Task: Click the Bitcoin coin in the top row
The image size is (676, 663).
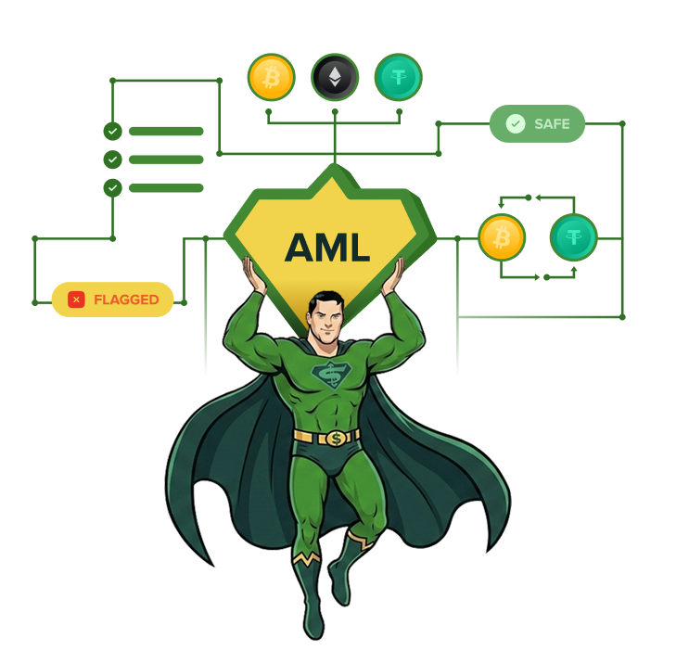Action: tap(271, 77)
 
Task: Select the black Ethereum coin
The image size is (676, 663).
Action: tap(335, 77)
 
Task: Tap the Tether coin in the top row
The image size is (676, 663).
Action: tap(399, 77)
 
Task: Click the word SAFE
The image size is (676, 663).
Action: tap(552, 124)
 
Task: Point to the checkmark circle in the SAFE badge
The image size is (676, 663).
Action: tap(516, 124)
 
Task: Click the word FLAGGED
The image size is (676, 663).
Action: tap(126, 300)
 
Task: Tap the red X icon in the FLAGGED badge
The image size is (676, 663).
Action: tap(76, 300)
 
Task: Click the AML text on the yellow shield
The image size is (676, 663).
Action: tap(327, 248)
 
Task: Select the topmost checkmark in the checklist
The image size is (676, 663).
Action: tap(112, 131)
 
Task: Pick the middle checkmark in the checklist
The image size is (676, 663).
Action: tap(112, 159)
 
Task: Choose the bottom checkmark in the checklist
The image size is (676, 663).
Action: tap(112, 188)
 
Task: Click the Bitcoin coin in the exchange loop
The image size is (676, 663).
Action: tap(502, 237)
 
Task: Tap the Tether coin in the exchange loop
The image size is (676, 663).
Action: tap(573, 237)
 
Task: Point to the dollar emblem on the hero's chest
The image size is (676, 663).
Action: tap(332, 375)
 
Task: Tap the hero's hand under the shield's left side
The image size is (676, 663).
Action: tap(253, 274)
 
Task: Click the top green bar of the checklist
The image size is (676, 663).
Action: tap(166, 131)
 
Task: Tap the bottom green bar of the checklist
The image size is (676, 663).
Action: tap(166, 188)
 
